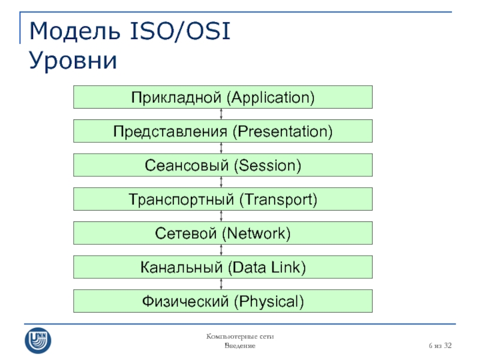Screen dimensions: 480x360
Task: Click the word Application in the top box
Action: click(271, 98)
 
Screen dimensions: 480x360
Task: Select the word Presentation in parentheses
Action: click(283, 131)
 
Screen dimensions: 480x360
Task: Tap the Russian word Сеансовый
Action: click(187, 166)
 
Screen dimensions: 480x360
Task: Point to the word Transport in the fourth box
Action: click(278, 200)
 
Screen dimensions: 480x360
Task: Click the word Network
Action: click(256, 233)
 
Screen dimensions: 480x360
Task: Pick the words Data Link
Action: click(266, 267)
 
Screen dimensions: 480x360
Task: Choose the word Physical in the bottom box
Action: click(269, 302)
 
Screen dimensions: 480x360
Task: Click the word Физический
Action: click(185, 301)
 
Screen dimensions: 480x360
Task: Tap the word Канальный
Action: click(181, 267)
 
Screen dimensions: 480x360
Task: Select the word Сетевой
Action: click(186, 233)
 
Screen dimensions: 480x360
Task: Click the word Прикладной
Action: click(176, 98)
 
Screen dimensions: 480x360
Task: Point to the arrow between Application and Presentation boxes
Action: click(221, 114)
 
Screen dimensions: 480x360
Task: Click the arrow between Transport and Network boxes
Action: click(221, 216)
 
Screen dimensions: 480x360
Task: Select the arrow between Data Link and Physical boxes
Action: click(221, 284)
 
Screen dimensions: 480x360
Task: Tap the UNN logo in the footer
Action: click(38, 341)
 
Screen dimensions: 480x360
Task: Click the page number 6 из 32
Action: click(440, 346)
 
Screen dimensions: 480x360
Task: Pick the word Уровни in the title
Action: click(73, 61)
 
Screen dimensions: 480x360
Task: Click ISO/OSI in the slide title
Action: click(180, 31)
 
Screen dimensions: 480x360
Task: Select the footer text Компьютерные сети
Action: click(240, 337)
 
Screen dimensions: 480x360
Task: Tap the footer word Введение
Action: click(240, 346)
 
